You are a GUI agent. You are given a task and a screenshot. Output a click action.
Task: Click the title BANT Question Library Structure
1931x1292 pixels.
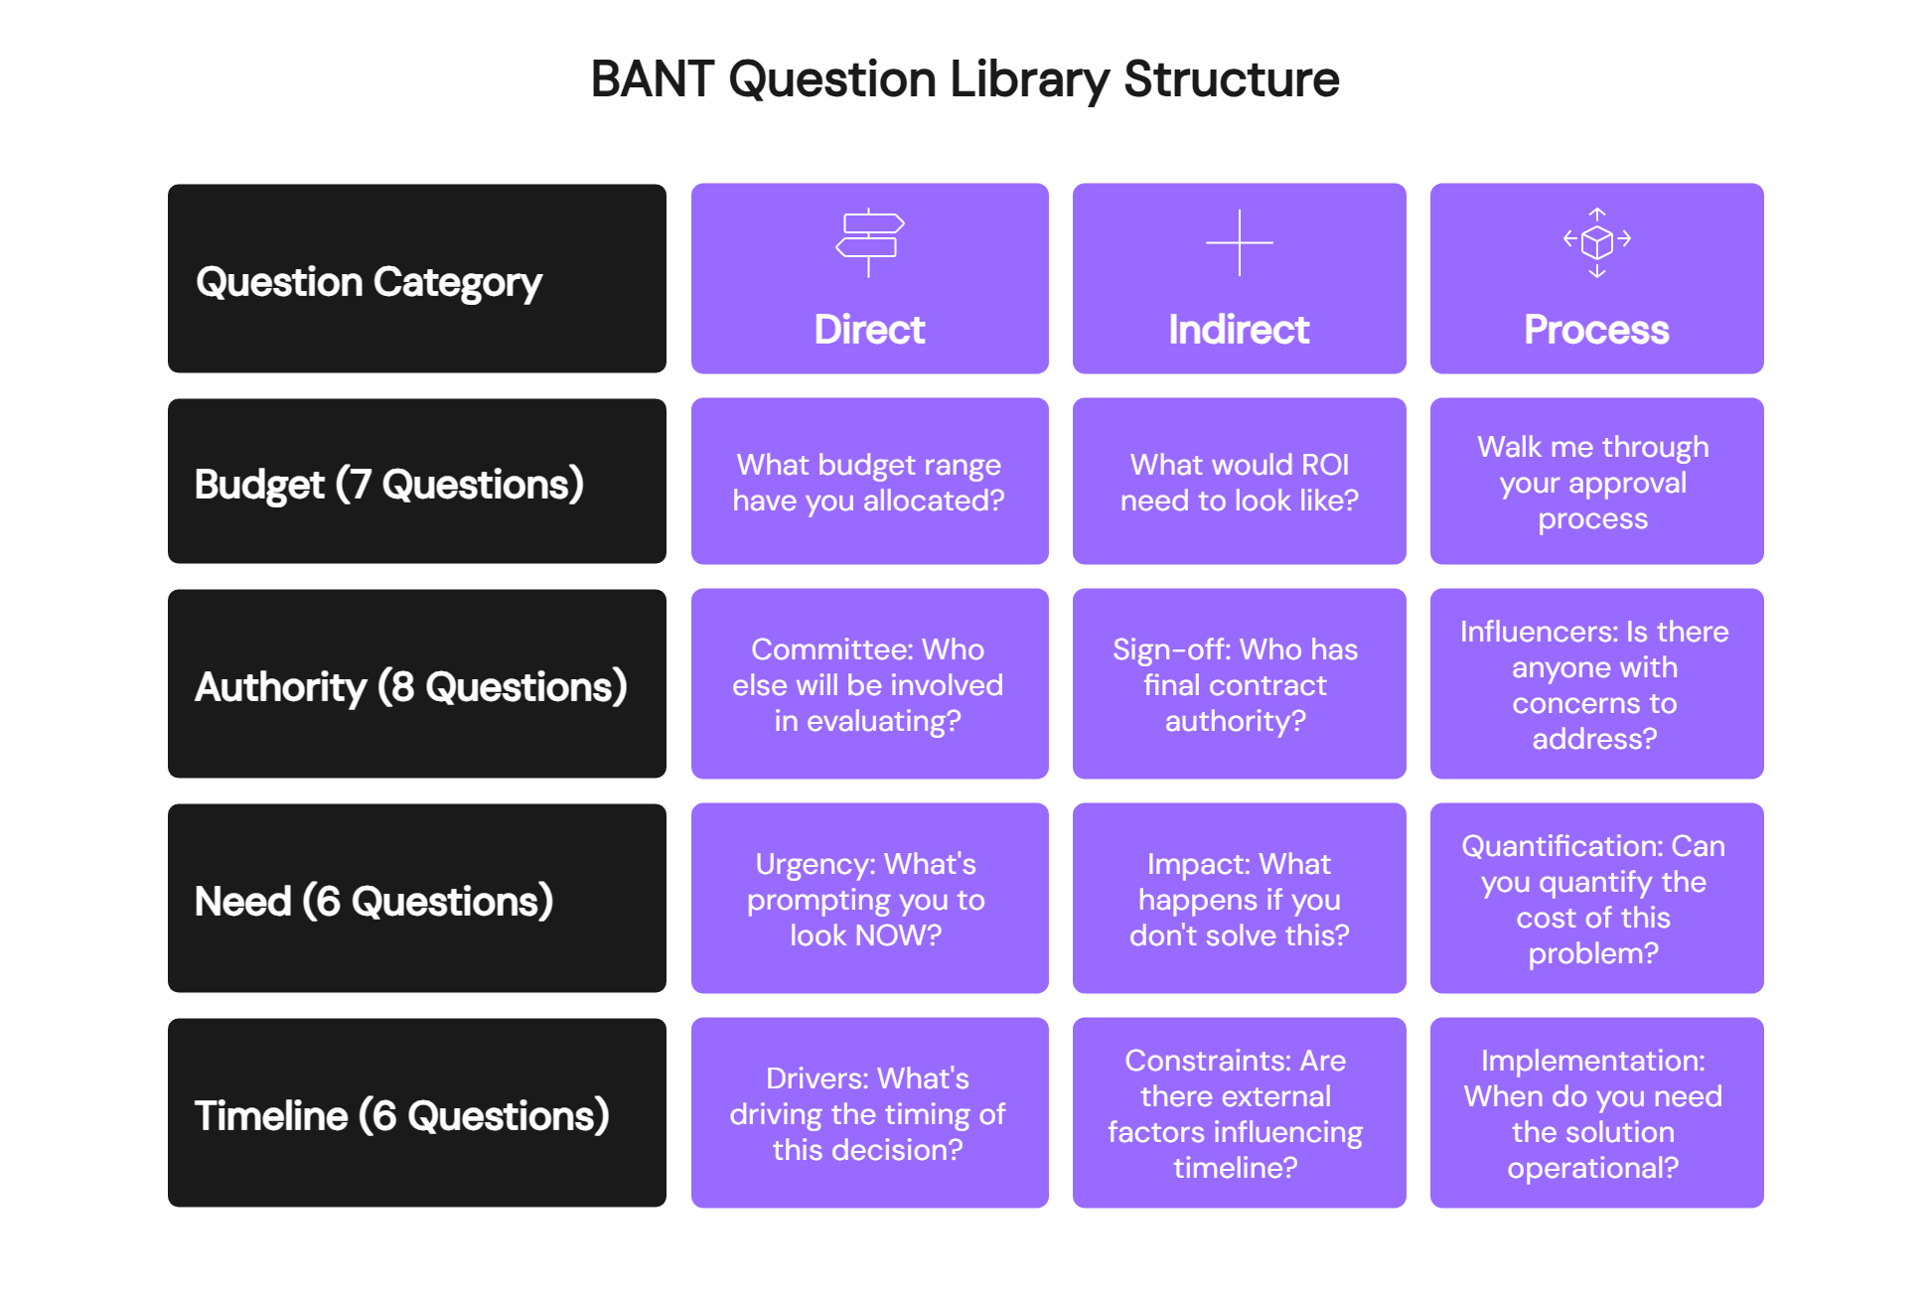coord(965,79)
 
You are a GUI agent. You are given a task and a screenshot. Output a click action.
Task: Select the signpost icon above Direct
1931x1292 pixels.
coord(869,242)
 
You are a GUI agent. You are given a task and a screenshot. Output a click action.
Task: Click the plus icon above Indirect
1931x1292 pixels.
coord(1239,242)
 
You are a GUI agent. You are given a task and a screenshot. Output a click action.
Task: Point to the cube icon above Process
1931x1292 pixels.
coord(1596,242)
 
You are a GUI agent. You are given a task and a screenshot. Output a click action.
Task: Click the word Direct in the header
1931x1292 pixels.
coord(869,330)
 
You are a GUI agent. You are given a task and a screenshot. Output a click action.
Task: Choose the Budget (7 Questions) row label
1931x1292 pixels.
coord(389,485)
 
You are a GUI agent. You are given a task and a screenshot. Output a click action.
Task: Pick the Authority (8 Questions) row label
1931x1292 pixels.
coord(411,687)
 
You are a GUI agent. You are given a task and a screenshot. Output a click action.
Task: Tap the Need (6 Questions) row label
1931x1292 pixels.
coord(374,902)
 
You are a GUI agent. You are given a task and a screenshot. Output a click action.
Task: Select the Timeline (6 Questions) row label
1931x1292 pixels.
coord(402,1116)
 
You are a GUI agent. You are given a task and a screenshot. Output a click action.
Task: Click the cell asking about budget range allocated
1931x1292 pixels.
coord(869,483)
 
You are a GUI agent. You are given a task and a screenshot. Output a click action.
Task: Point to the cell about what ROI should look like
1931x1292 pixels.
coord(1239,483)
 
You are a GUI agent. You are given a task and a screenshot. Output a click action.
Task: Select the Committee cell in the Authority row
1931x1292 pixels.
coord(869,685)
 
